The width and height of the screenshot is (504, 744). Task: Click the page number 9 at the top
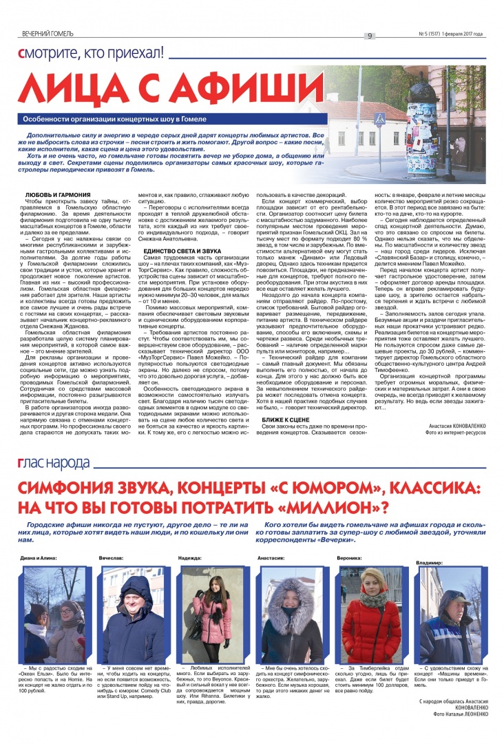tap(370, 36)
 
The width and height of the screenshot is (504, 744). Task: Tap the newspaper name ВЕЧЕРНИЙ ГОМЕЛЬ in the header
tap(48, 34)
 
